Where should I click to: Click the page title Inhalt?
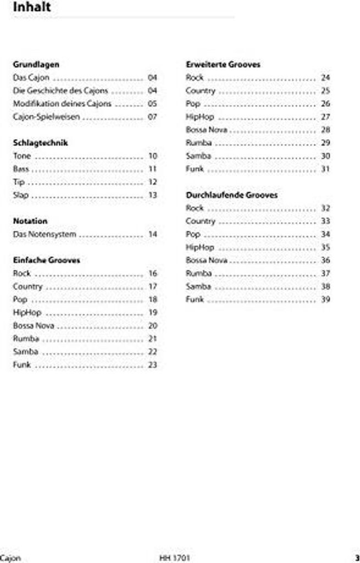click(32, 8)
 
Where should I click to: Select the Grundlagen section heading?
click(36, 64)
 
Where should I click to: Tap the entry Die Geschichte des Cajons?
click(60, 91)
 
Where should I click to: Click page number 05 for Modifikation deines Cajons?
click(152, 104)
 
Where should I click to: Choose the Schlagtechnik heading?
click(40, 143)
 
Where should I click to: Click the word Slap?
click(21, 195)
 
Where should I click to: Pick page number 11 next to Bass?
click(153, 169)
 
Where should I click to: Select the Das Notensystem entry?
click(44, 234)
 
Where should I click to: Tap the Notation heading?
click(30, 221)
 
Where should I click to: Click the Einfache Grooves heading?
click(46, 260)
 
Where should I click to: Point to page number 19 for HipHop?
click(153, 313)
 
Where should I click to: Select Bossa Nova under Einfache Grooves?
click(33, 325)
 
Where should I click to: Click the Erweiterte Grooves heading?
click(223, 64)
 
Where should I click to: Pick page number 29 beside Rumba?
click(325, 143)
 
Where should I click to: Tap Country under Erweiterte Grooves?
click(201, 91)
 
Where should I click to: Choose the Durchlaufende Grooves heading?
click(231, 195)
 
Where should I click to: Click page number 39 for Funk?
click(325, 300)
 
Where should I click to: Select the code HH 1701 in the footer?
click(175, 558)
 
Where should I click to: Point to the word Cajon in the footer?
click(10, 558)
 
